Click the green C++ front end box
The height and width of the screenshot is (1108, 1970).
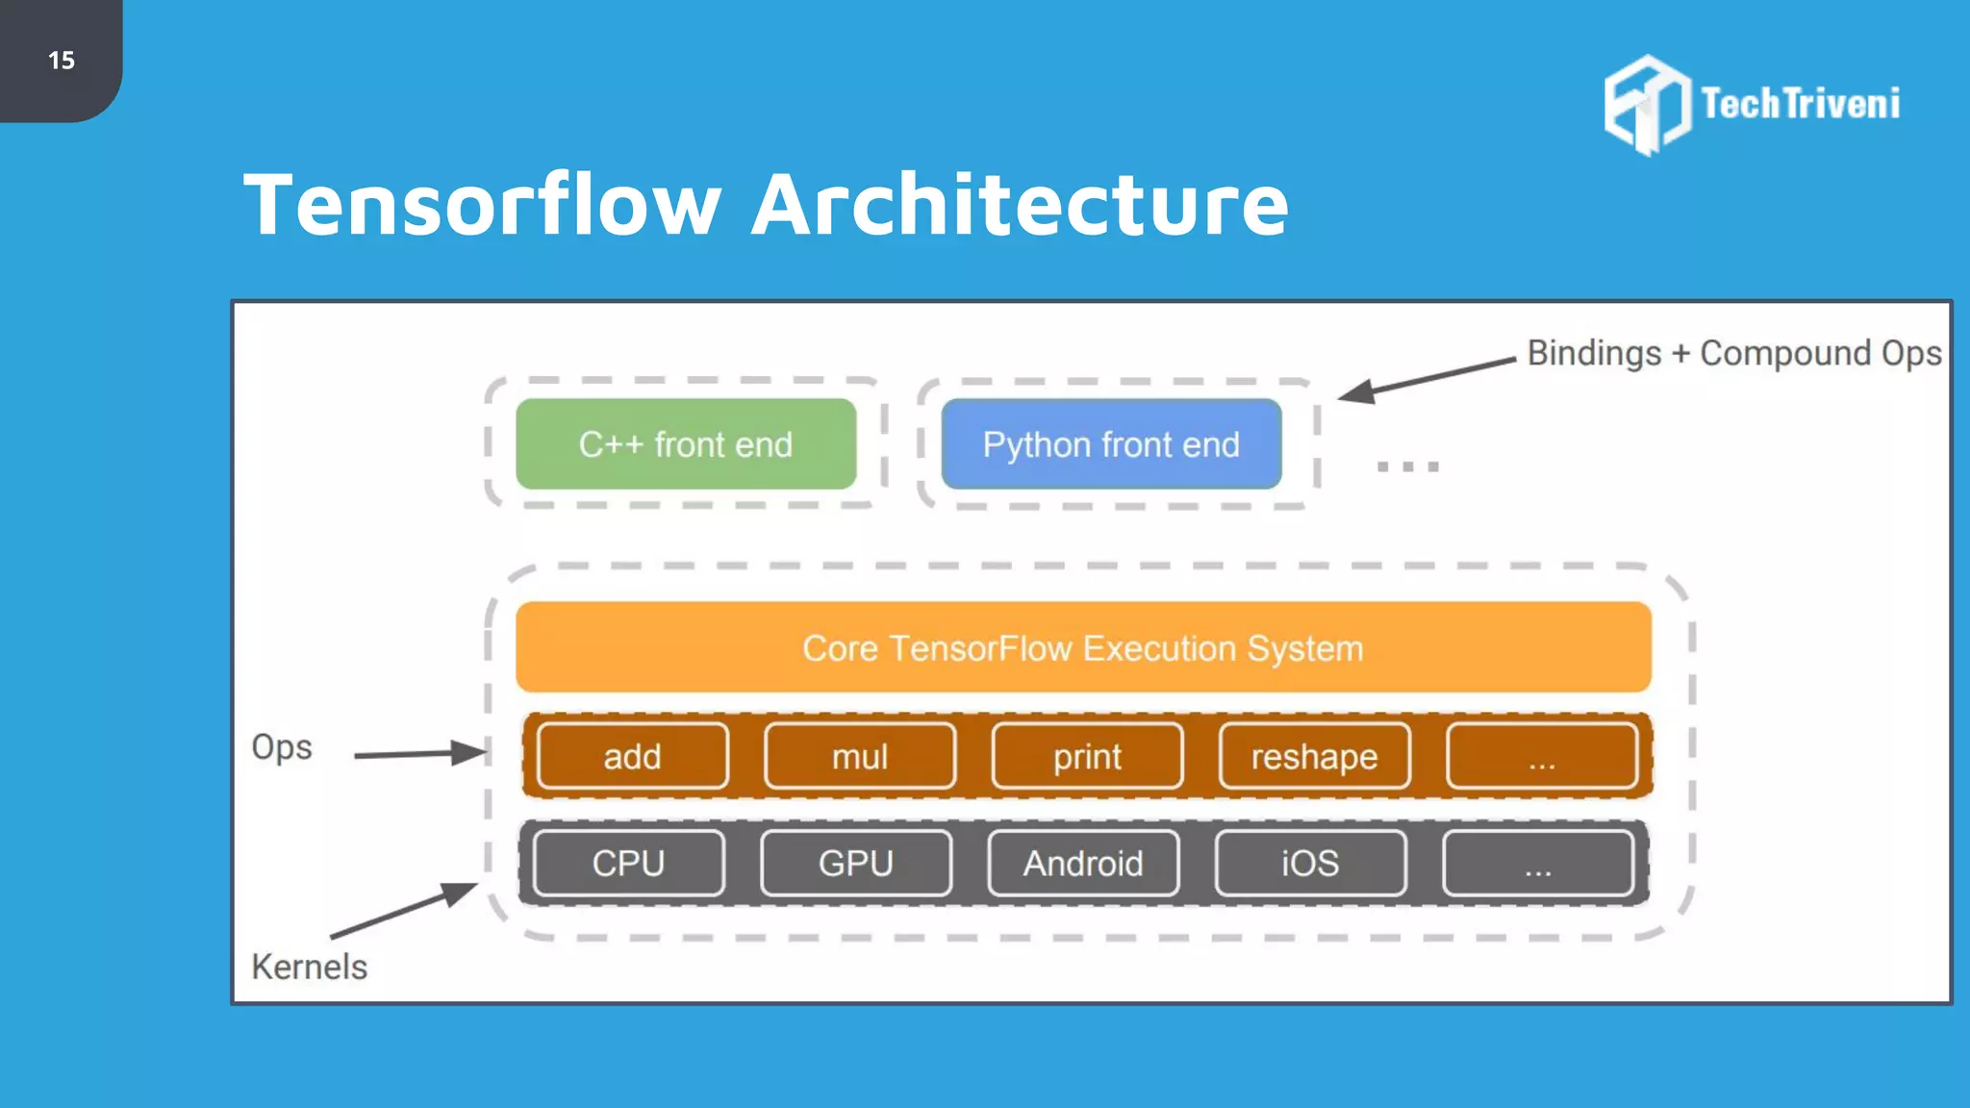click(686, 444)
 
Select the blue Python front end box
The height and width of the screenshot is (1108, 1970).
click(1111, 444)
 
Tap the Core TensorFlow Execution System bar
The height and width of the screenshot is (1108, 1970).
click(1083, 647)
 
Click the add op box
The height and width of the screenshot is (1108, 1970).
click(632, 756)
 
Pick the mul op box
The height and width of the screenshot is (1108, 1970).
click(860, 756)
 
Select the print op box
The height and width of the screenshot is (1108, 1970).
click(1087, 756)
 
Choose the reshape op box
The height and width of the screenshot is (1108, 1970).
click(1314, 756)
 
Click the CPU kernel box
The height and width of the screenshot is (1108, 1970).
click(628, 863)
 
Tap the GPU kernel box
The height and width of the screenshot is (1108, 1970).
click(856, 863)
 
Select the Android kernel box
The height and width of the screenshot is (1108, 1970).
click(1083, 863)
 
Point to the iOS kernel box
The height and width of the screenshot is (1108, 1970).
click(1310, 863)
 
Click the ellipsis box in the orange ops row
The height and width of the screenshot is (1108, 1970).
click(1541, 756)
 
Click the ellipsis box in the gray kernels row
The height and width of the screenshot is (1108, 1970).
click(1537, 863)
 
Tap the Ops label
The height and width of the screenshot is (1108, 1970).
click(281, 747)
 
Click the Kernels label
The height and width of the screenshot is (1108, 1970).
click(309, 967)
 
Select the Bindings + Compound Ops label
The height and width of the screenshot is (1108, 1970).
click(1733, 353)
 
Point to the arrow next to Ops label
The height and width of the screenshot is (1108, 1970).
click(419, 753)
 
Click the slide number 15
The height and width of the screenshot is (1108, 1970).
click(62, 61)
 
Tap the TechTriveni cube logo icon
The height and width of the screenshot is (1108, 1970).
click(1647, 104)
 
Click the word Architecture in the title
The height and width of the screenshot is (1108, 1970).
click(1020, 204)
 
